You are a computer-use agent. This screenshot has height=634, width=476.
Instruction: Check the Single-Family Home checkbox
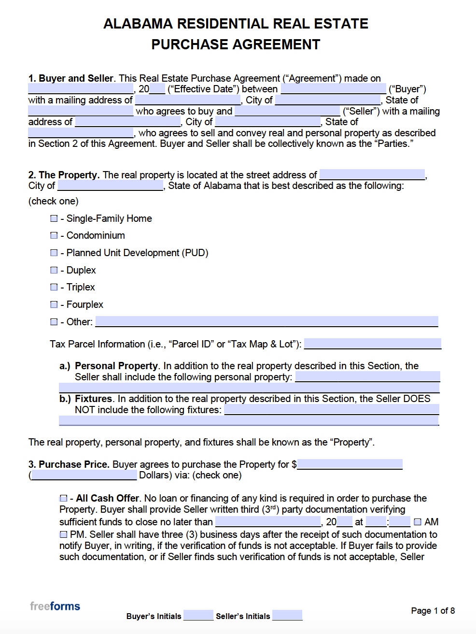[54, 218]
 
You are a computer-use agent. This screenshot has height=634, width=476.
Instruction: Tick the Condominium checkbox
[54, 235]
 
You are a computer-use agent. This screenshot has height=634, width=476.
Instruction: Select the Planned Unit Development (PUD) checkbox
[54, 253]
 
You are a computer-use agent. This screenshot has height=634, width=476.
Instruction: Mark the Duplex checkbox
[54, 270]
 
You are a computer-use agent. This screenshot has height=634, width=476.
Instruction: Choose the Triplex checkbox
[54, 287]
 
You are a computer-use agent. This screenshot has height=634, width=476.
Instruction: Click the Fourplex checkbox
[54, 304]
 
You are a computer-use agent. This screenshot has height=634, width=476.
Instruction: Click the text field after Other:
[266, 321]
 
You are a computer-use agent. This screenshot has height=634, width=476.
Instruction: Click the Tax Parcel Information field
[372, 344]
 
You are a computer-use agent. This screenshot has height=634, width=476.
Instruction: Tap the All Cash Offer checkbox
[63, 498]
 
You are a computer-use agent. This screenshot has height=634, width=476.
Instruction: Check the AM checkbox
[418, 522]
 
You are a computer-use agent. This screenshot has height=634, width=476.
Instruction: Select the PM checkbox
[63, 534]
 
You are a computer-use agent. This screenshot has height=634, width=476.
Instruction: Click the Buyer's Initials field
[198, 615]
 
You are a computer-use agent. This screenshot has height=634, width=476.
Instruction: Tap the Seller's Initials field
[287, 615]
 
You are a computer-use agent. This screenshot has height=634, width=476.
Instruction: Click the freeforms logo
[55, 606]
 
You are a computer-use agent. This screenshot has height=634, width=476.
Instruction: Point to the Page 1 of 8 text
[433, 611]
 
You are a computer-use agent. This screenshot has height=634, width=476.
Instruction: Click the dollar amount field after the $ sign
[350, 464]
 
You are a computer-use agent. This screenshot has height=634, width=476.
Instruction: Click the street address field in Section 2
[372, 174]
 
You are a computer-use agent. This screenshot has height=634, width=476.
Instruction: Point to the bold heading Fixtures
[93, 399]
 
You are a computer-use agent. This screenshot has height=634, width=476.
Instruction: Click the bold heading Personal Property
[116, 366]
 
